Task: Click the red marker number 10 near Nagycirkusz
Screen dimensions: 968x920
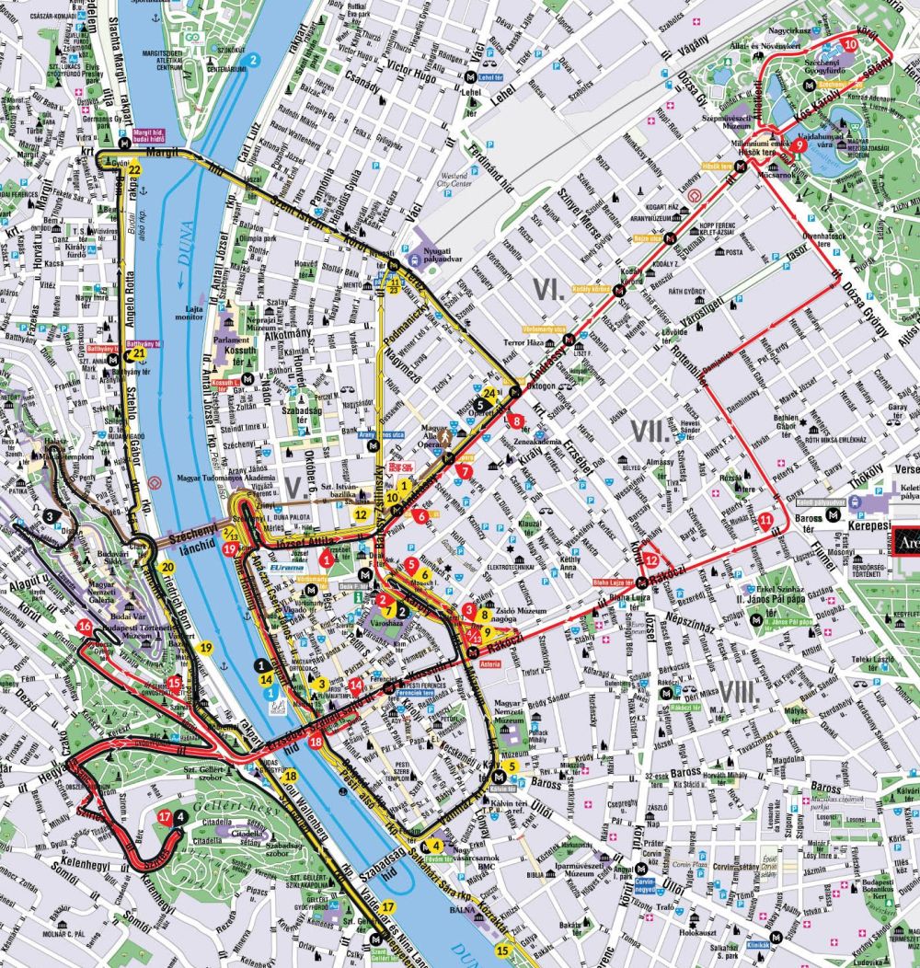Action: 848,43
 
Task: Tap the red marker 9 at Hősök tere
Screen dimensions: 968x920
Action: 799,145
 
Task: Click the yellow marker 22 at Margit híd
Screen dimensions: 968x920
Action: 134,169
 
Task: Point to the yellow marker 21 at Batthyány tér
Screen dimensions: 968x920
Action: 139,352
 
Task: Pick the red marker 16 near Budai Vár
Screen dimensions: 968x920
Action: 85,627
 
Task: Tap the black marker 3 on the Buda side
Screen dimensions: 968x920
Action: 48,517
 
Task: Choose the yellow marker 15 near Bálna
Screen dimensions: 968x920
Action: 501,950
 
